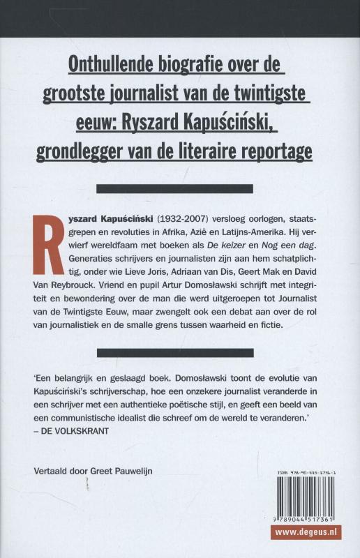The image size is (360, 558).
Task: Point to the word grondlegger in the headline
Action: coord(110,149)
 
